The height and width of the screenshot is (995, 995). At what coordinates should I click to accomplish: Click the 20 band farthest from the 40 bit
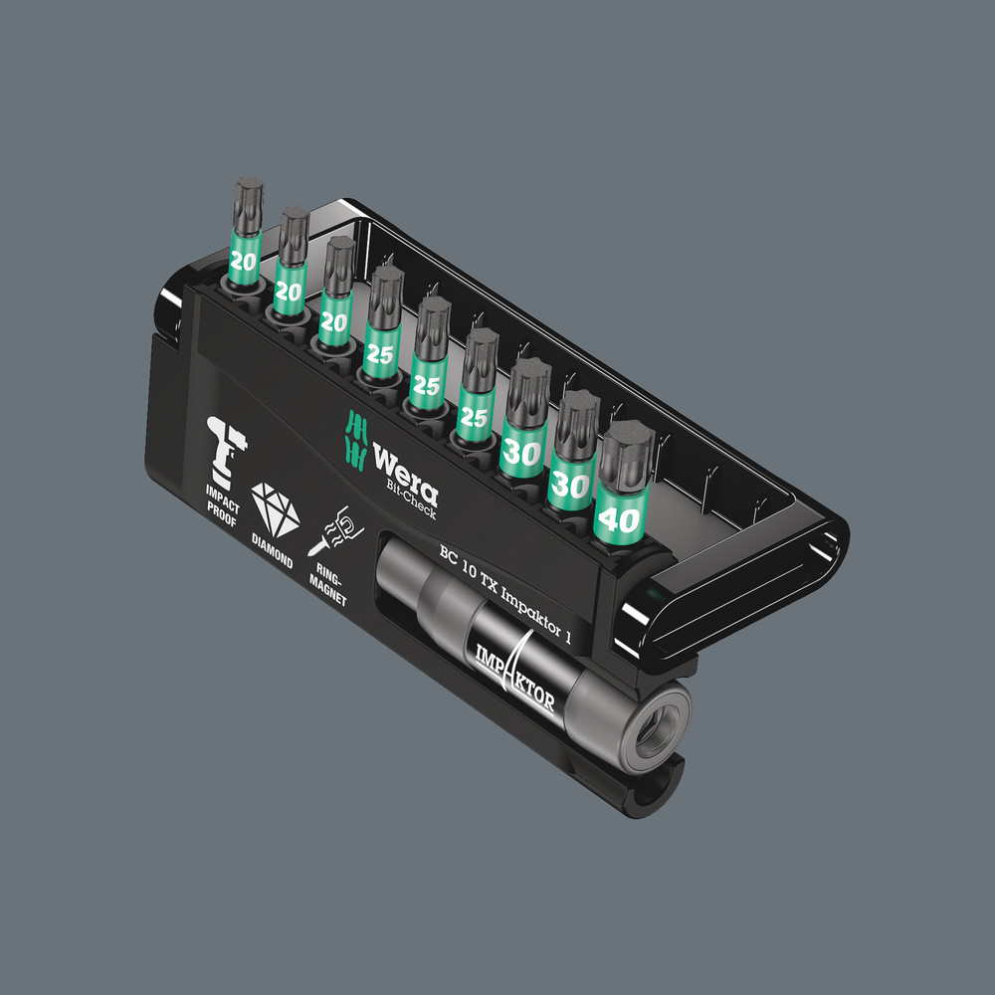242,261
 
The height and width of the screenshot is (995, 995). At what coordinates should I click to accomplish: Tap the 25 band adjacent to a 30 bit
475,417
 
